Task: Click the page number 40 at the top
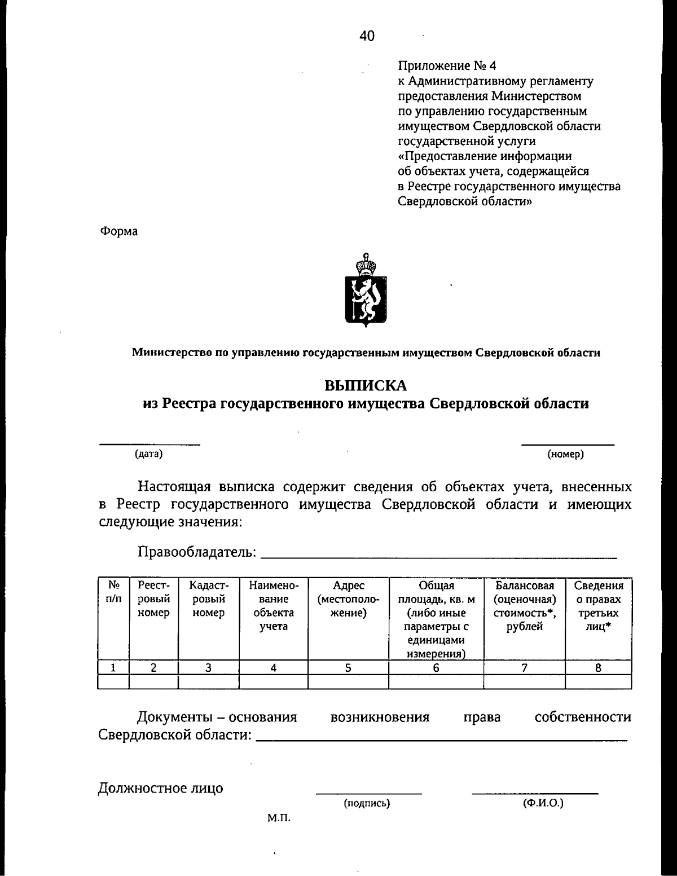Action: [366, 37]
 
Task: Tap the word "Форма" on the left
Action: [118, 231]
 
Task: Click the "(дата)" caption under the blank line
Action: [148, 454]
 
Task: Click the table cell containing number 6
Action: [436, 668]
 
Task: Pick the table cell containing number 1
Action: [113, 668]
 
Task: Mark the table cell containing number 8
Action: [598, 668]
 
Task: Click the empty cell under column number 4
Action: [273, 682]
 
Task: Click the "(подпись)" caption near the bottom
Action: [367, 803]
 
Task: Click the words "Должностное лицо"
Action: [160, 788]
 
